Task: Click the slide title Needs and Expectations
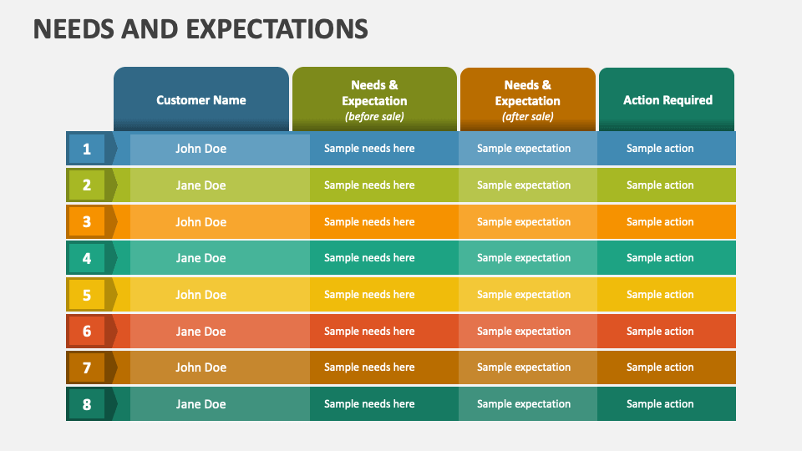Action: tap(200, 28)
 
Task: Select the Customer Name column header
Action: tap(201, 100)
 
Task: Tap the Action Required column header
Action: tap(667, 100)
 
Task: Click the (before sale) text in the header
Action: tap(374, 117)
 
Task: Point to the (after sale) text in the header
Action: tap(527, 117)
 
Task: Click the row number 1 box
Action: tap(87, 149)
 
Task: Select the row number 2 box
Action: tap(87, 185)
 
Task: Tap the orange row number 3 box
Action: tap(87, 222)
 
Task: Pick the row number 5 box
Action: tap(87, 295)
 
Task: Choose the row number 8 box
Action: tap(87, 404)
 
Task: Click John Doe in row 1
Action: tap(200, 149)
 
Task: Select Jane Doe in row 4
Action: tap(200, 258)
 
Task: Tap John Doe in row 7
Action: tap(200, 367)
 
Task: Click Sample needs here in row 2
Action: tap(369, 185)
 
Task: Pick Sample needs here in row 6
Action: tap(369, 332)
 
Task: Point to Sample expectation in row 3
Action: tap(524, 222)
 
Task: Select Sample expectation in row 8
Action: tap(524, 404)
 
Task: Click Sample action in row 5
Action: tap(660, 295)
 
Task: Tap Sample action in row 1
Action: tap(660, 149)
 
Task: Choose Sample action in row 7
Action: tap(660, 367)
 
